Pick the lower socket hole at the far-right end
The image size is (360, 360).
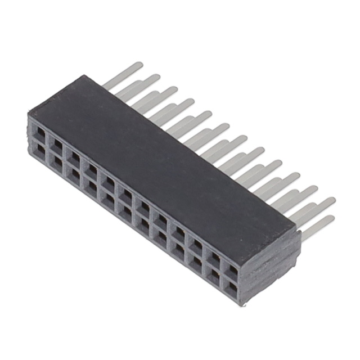click(x=232, y=288)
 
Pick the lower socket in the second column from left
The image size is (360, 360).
click(x=56, y=161)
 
